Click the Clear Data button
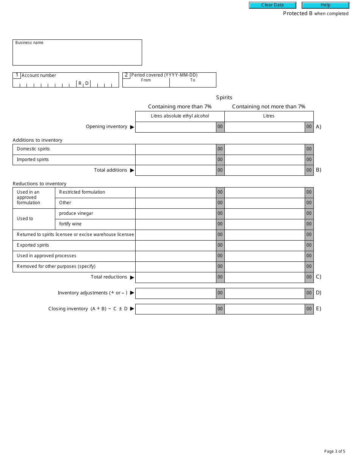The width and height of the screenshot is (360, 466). [x=272, y=5]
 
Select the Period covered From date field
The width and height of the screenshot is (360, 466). [x=146, y=84]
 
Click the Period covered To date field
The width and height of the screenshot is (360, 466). [x=193, y=84]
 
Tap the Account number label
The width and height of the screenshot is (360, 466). [x=39, y=75]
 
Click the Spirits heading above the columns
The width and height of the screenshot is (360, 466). [x=224, y=97]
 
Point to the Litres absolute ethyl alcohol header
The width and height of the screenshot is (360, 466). [x=180, y=116]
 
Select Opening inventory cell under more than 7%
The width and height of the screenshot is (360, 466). [x=176, y=127]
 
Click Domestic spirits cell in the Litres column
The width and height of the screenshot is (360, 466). [x=265, y=149]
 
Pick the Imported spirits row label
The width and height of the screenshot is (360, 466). [x=33, y=160]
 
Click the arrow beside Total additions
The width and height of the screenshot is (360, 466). [x=132, y=170]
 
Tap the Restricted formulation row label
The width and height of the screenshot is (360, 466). [x=82, y=192]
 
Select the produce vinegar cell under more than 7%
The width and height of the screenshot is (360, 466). [x=176, y=213]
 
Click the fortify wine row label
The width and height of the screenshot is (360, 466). [x=70, y=224]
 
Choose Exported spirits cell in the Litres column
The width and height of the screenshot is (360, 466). [x=265, y=245]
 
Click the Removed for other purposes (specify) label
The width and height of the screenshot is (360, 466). [x=56, y=266]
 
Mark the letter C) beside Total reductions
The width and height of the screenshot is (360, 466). [x=318, y=277]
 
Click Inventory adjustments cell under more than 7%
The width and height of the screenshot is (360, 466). [x=176, y=293]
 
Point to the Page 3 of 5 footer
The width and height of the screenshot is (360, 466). [x=334, y=451]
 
